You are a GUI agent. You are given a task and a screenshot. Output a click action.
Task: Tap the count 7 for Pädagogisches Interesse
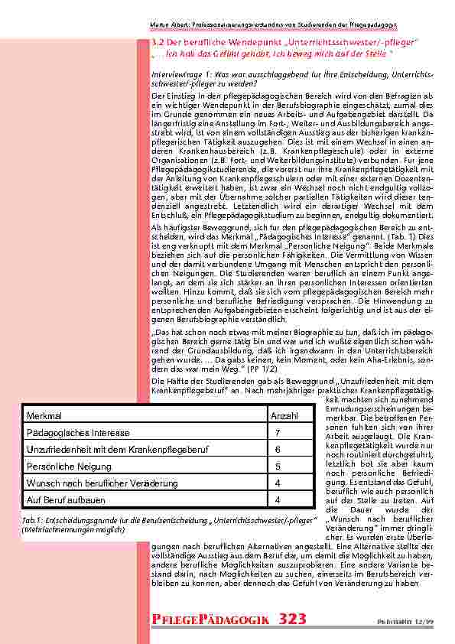click(x=278, y=432)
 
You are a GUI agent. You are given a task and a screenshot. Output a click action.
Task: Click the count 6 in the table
click(x=278, y=450)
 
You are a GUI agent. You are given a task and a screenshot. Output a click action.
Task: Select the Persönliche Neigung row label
click(x=63, y=467)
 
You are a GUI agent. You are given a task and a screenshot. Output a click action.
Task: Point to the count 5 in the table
click(x=278, y=467)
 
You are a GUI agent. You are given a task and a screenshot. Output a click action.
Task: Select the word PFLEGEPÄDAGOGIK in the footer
click(x=206, y=618)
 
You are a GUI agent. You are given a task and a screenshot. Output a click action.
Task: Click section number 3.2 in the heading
click(x=158, y=40)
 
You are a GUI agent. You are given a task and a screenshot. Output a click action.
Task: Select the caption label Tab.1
click(x=33, y=520)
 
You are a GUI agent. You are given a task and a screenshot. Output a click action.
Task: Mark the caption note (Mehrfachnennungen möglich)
click(x=73, y=529)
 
